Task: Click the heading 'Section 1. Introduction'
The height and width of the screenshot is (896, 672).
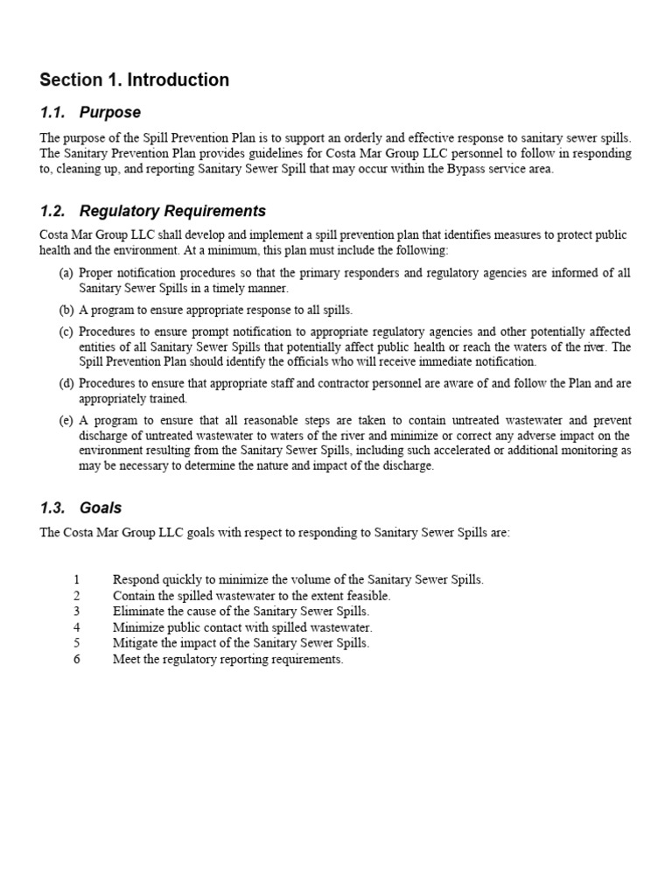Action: point(135,80)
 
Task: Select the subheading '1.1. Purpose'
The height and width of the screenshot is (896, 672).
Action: point(90,113)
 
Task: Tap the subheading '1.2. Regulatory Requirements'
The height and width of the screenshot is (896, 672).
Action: point(153,212)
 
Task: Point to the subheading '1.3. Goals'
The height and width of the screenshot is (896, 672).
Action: point(80,508)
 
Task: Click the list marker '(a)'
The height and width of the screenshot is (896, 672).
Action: point(66,274)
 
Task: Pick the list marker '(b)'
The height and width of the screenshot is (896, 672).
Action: point(66,311)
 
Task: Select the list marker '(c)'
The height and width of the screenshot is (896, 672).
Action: point(66,332)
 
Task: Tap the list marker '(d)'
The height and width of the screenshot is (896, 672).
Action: point(66,383)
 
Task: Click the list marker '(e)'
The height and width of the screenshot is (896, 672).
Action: point(66,421)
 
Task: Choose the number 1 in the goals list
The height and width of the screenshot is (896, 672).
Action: point(77,580)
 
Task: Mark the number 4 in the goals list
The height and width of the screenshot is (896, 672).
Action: point(77,627)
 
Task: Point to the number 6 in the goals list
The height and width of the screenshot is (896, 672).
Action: point(77,660)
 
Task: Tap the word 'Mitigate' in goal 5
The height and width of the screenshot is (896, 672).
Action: point(136,643)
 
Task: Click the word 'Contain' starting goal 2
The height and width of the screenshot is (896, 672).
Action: point(133,596)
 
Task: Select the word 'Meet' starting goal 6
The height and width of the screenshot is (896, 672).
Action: point(126,660)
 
